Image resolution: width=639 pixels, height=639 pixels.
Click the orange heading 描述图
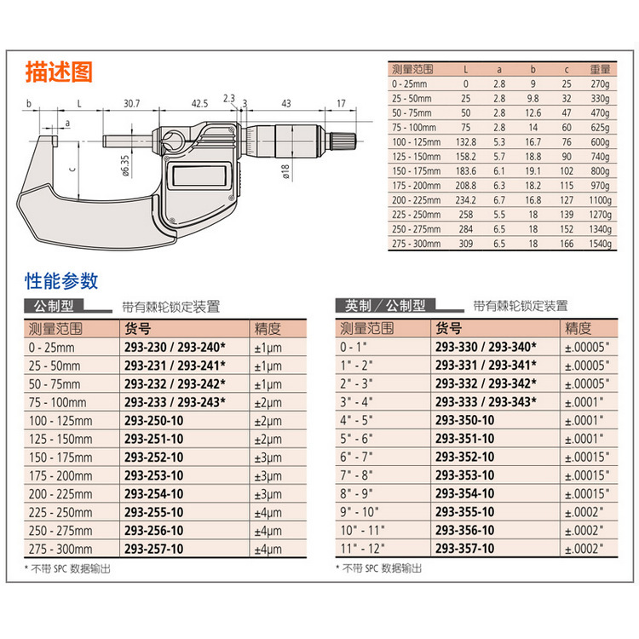57,71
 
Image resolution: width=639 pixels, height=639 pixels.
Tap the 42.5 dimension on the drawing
199,103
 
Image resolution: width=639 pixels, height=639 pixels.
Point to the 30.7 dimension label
131,103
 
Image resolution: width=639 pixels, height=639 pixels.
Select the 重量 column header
599,69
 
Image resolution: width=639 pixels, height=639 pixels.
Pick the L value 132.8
466,140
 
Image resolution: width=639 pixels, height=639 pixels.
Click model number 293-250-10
153,420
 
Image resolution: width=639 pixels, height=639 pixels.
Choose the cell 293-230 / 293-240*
175,347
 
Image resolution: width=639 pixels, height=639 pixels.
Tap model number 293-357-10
464,549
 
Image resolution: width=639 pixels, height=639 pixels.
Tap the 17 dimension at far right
341,103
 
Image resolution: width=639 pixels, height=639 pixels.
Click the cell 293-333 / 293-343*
486,402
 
